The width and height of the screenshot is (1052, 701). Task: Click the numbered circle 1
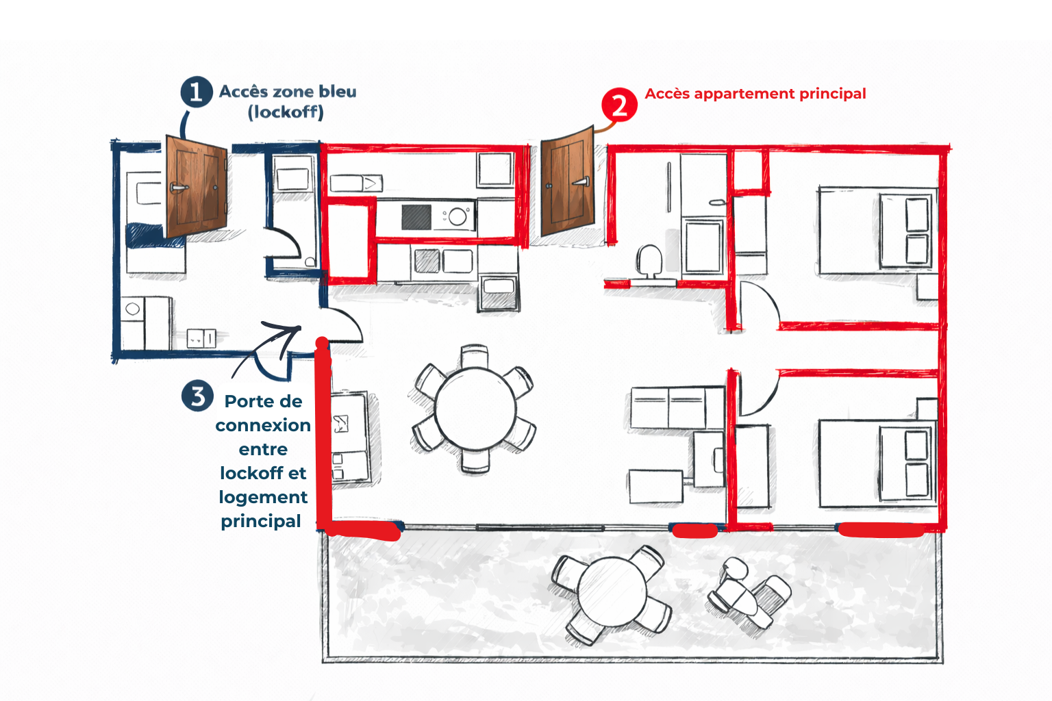point(196,92)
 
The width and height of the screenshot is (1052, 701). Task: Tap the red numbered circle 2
point(619,105)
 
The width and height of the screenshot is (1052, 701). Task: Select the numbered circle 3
point(198,396)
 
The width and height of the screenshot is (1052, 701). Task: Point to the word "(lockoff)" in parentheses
point(286,112)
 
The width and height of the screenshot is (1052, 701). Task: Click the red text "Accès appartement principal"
point(755,94)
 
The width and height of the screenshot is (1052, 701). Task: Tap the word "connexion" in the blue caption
point(263,426)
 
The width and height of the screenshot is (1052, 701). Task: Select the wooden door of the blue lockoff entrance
point(196,186)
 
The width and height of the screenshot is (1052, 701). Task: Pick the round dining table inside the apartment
point(475,409)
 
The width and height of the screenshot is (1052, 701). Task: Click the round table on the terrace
point(612,591)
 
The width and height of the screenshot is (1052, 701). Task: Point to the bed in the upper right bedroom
point(877,231)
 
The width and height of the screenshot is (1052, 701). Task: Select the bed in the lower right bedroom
point(877,463)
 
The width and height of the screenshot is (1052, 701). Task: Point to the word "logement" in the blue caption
point(263,497)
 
